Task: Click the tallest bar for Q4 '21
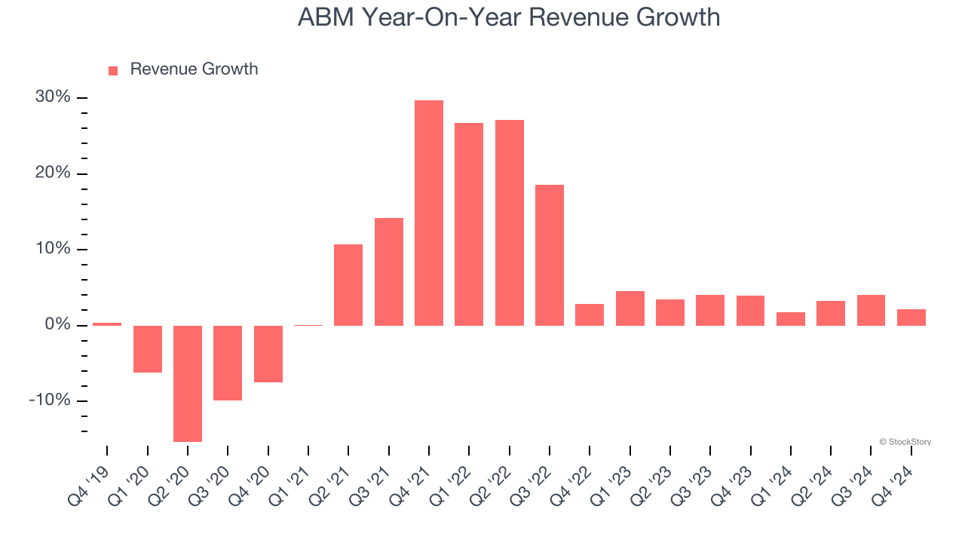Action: [429, 213]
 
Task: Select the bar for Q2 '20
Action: [188, 383]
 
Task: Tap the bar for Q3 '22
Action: [550, 255]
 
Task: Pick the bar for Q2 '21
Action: [348, 285]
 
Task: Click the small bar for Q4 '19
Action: [107, 324]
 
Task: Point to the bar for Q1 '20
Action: [148, 348]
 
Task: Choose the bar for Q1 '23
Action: [630, 308]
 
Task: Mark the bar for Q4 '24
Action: [911, 318]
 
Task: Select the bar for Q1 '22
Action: [469, 224]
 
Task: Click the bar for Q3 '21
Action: [389, 271]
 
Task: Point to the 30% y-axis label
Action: [53, 97]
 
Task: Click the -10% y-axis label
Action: [50, 400]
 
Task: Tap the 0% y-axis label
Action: [57, 325]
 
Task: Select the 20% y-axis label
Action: [53, 173]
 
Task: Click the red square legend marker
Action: [113, 70]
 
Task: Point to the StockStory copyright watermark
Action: [905, 442]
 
